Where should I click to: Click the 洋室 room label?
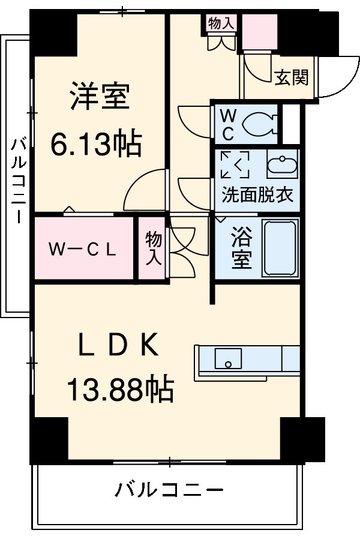coord(99,97)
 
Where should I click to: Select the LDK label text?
coord(119,345)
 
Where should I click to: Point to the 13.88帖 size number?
coord(119,390)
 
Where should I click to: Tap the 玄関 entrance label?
coord(292,77)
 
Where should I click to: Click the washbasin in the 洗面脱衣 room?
coord(282,166)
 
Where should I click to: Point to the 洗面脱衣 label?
coord(257,195)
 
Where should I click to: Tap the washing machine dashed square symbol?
coord(235,164)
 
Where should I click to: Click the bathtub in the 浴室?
coord(280,248)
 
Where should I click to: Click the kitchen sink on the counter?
coord(228,358)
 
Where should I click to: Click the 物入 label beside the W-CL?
coord(153,249)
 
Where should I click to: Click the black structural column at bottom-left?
coord(50,438)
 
